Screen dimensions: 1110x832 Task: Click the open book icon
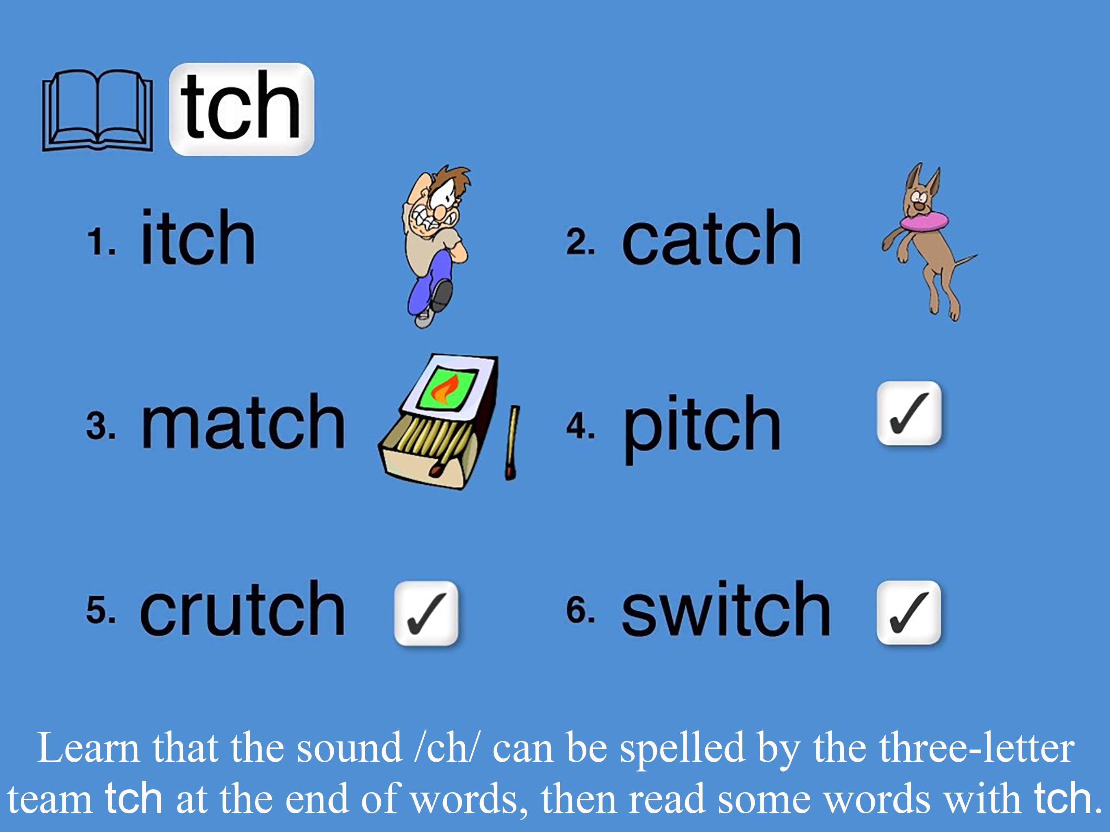pos(98,110)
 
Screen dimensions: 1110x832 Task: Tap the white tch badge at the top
pos(241,109)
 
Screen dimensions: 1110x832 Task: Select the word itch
pos(198,236)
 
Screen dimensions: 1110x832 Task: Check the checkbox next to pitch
pos(909,413)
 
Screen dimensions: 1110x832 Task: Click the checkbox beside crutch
pos(426,613)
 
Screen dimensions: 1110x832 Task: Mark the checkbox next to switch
pos(909,612)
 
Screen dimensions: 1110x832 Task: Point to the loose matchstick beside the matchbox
pos(512,442)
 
